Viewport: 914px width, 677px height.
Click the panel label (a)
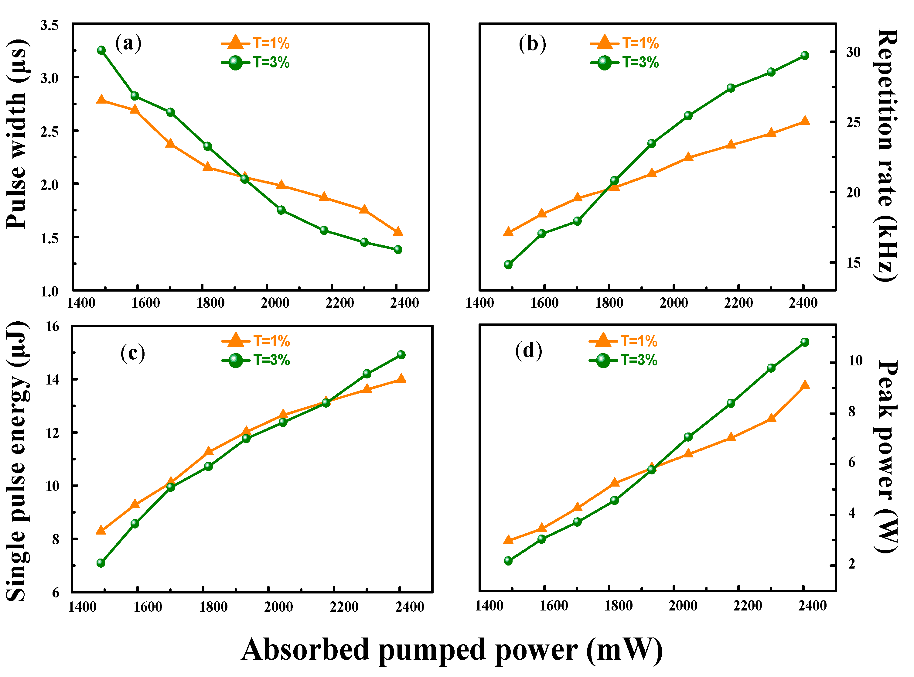pyautogui.click(x=128, y=43)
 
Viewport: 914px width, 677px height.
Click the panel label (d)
pyautogui.click(x=528, y=351)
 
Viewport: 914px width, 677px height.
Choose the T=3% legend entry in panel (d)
pyautogui.click(x=623, y=360)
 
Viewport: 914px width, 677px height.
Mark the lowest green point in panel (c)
pyautogui.click(x=101, y=563)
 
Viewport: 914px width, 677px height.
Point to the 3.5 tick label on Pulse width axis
pyautogui.click(x=49, y=26)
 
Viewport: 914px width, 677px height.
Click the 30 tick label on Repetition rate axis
pyautogui.click(x=853, y=52)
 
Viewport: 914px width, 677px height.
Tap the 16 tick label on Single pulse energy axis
pyautogui.click(x=53, y=327)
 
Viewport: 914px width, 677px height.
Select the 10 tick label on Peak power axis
pyautogui.click(x=855, y=361)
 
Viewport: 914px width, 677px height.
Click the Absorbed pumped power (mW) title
pyautogui.click(x=452, y=650)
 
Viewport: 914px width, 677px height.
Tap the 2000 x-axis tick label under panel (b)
pyautogui.click(x=674, y=303)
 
